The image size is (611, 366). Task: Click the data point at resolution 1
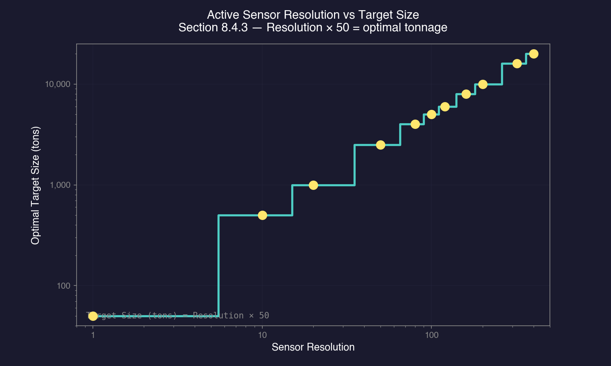93,316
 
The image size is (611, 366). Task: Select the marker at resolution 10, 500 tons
262,215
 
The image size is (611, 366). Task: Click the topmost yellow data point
534,54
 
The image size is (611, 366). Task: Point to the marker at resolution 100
432,114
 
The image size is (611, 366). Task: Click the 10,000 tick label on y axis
57,84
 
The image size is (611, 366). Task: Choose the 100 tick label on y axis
64,286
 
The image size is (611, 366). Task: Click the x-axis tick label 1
93,335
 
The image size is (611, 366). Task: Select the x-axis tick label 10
262,335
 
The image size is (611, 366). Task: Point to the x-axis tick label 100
432,335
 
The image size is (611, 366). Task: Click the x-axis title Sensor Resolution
313,347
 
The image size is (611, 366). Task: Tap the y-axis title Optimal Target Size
35,185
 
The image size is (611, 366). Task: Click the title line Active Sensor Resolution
313,15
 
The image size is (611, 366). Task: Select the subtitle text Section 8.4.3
213,28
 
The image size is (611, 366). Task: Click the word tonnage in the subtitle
430,28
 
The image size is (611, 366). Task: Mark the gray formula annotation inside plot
178,316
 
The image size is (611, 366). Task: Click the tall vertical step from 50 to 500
219,264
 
